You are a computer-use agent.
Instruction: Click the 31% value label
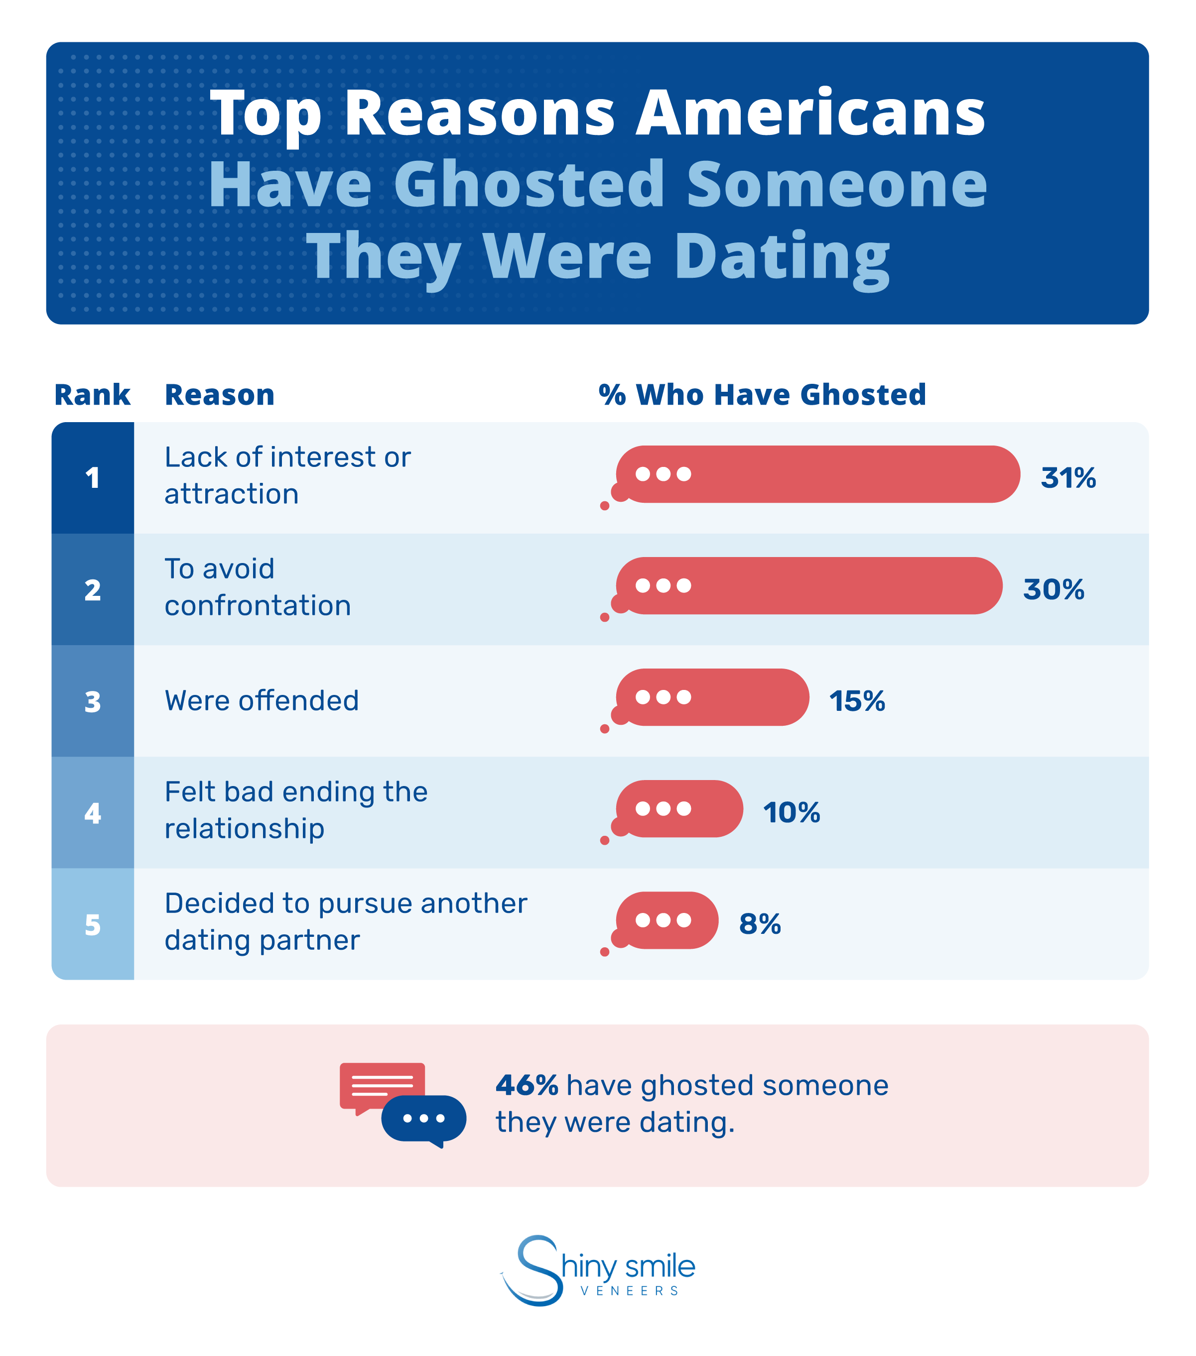point(1067,478)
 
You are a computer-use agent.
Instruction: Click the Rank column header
point(92,395)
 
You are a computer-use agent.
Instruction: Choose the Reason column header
point(219,395)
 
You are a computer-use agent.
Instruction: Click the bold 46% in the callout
point(527,1085)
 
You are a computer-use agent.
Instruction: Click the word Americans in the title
point(810,113)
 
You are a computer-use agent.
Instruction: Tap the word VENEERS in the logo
point(629,1290)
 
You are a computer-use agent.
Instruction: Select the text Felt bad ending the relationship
point(295,810)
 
